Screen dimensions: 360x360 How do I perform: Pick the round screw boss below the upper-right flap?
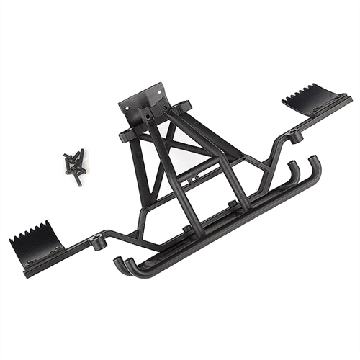coord(297,135)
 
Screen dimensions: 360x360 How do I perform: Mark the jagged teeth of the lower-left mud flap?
coord(29,234)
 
